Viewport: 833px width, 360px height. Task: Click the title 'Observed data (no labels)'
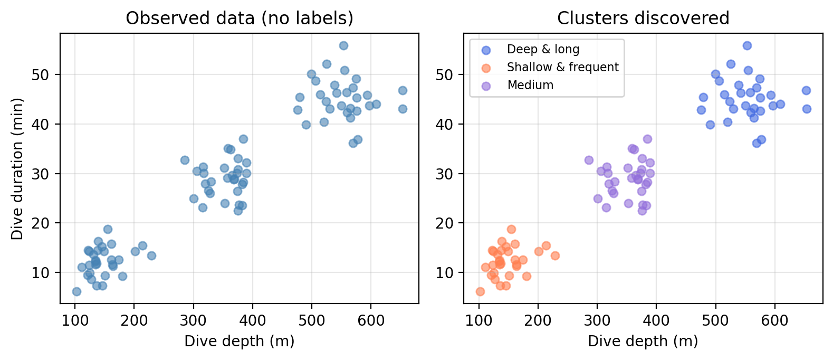(x=240, y=18)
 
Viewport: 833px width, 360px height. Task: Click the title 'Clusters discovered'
(x=643, y=18)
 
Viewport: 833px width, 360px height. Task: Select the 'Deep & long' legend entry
(x=543, y=50)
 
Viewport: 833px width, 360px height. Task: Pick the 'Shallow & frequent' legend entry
(x=562, y=68)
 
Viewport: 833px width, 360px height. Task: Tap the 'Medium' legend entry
(x=530, y=86)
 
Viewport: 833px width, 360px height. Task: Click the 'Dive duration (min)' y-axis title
(x=17, y=168)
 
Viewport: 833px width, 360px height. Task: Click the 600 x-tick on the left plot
(x=371, y=319)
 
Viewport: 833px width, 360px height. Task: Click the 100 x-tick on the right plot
(x=478, y=319)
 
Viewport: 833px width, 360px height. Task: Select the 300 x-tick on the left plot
(x=193, y=319)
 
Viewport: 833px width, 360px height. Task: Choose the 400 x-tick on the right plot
(x=656, y=319)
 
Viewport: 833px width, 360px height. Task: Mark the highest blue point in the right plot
(x=747, y=46)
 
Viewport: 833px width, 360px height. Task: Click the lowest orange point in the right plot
(x=480, y=291)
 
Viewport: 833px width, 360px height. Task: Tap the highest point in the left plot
(x=343, y=46)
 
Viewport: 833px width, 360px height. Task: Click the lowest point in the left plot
(x=76, y=291)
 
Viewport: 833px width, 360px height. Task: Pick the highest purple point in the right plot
(x=647, y=139)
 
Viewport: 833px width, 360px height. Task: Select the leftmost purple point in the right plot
(x=589, y=160)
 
